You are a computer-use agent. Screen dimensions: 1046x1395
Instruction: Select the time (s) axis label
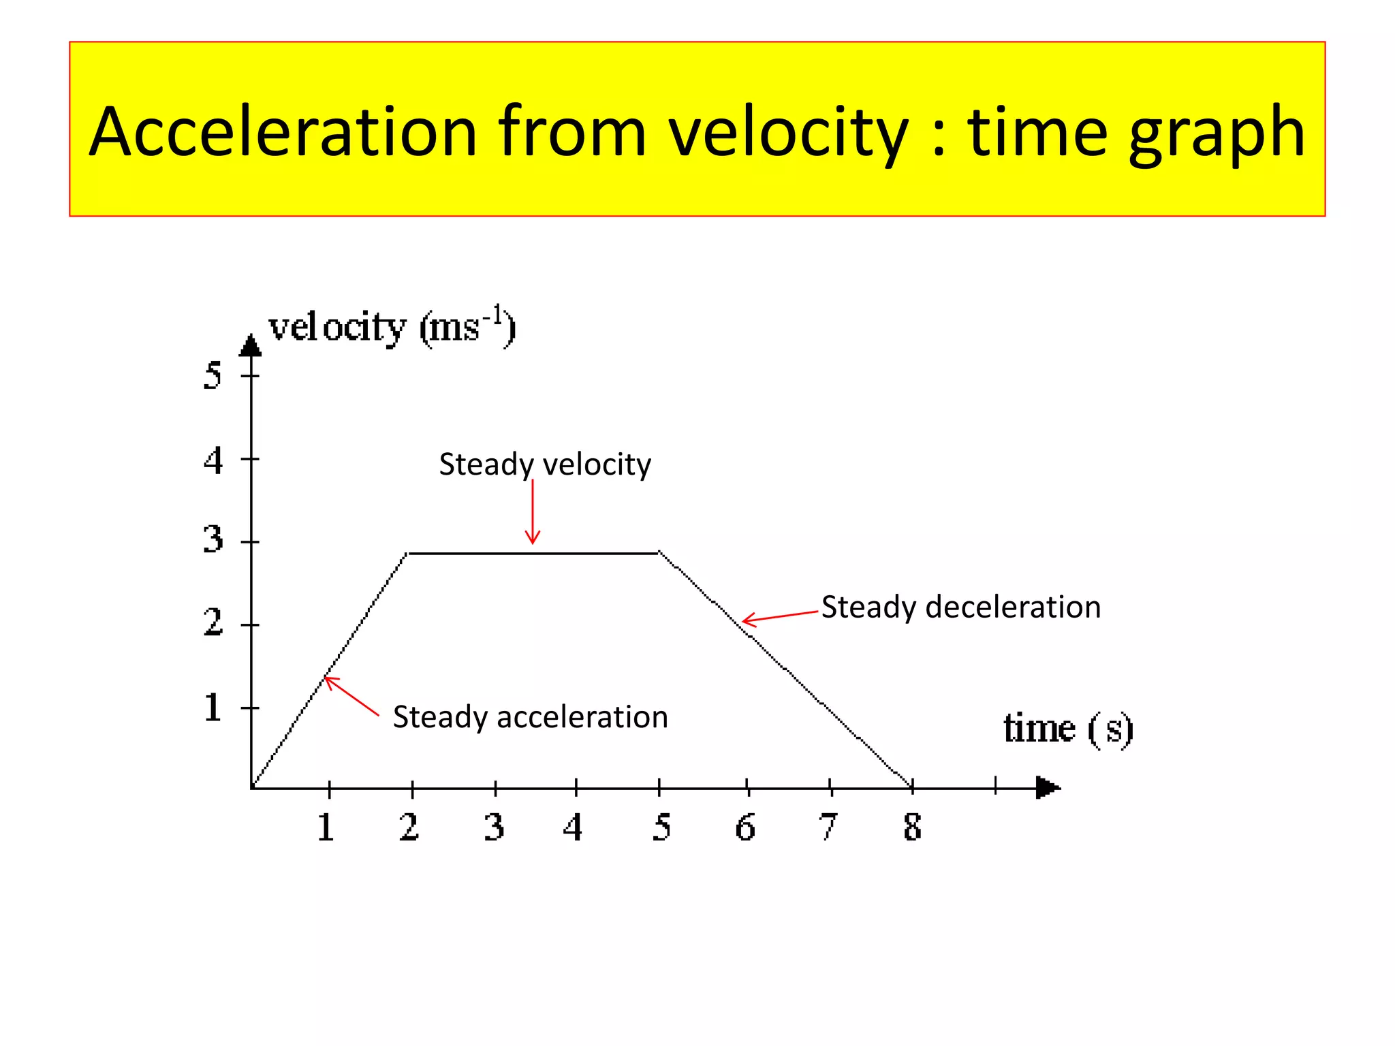point(1068,729)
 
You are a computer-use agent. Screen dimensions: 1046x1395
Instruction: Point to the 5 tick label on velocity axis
point(213,375)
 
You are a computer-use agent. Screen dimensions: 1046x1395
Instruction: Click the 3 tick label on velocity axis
point(213,540)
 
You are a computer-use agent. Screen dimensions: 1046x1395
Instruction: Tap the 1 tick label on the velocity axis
point(213,708)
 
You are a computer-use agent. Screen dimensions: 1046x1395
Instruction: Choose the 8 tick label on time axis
point(913,827)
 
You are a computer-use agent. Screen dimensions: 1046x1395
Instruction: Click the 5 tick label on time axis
point(661,827)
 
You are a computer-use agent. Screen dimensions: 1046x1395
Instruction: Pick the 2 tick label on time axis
point(409,827)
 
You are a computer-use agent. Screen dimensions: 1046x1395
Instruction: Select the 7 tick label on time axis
point(828,827)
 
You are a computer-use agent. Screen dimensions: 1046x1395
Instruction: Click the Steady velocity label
point(545,464)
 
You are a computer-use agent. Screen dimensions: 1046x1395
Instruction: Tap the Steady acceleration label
point(530,717)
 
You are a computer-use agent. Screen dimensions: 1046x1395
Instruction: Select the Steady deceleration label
point(960,607)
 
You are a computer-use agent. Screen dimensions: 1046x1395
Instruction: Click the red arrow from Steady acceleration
point(351,695)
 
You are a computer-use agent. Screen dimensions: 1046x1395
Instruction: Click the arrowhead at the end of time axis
point(1048,788)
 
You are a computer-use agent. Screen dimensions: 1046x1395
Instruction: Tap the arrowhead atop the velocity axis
point(251,346)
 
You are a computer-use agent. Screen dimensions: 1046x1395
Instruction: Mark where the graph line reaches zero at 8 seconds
point(912,787)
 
